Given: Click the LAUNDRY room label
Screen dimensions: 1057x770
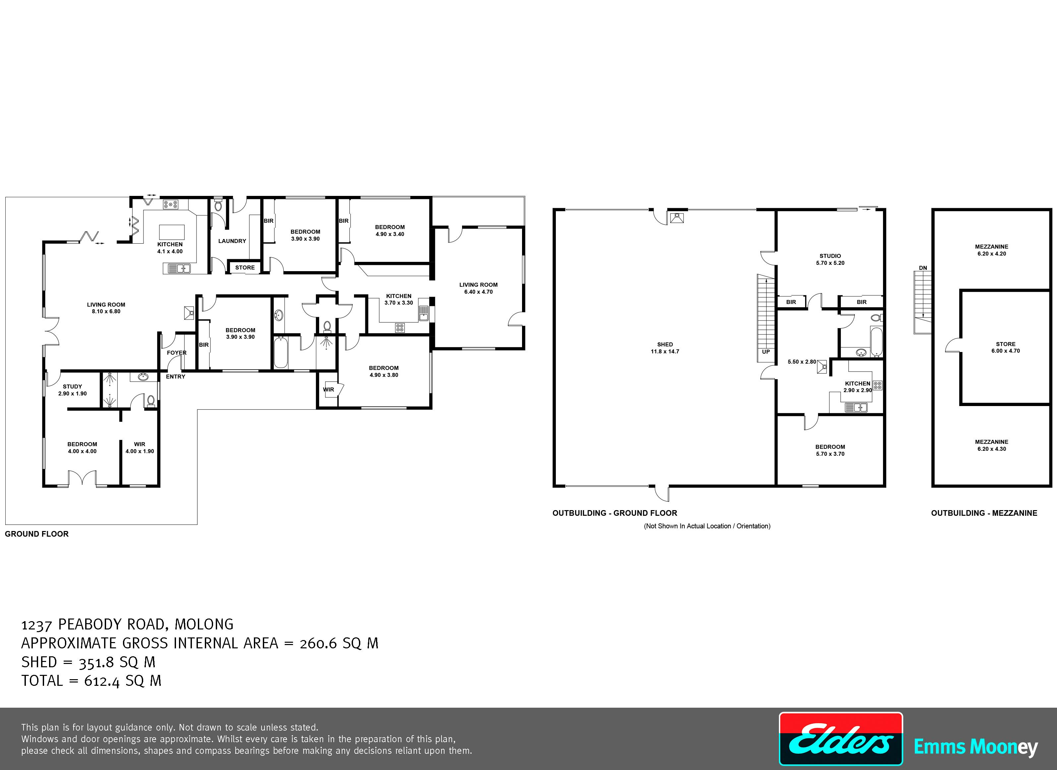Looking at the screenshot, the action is point(232,241).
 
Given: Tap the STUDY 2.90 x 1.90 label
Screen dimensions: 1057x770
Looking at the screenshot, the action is point(72,390).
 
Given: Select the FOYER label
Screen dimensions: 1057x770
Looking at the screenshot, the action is point(177,353).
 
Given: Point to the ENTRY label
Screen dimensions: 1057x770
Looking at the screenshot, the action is point(176,377).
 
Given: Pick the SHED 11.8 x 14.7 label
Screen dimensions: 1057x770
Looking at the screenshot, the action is point(665,348).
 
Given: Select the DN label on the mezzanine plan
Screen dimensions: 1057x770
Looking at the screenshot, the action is point(923,268).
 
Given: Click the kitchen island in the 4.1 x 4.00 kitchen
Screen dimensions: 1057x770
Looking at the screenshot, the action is point(172,232).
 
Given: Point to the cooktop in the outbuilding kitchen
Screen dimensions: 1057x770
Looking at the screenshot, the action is point(878,385).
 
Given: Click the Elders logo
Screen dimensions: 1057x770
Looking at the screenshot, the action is point(841,739).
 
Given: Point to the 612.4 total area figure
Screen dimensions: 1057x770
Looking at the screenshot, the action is point(102,681).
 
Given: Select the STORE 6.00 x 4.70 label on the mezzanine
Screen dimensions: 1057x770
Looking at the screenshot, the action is point(1006,347).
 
